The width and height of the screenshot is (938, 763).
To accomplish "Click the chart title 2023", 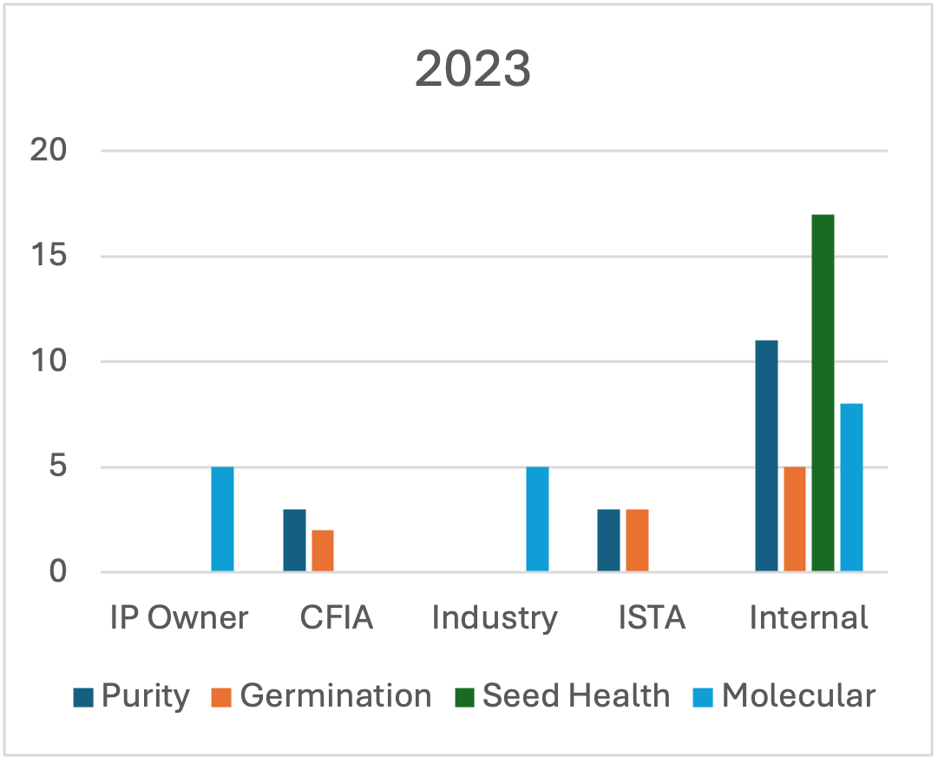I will (473, 70).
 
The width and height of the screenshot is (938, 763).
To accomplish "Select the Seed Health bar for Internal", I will (823, 393).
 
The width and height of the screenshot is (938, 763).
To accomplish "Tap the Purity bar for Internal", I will (766, 456).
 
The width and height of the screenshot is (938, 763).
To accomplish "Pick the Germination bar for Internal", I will (795, 519).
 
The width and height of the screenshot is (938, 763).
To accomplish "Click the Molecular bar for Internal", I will (851, 487).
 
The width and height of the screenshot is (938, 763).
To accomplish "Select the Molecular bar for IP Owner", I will (223, 519).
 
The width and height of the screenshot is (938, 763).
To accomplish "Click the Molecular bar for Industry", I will (537, 519).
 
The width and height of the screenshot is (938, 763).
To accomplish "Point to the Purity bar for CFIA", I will (294, 540).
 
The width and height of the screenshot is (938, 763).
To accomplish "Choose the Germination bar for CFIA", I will (323, 551).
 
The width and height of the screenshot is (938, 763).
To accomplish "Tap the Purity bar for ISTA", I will (608, 540).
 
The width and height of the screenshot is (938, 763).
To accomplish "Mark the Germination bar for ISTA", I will (637, 540).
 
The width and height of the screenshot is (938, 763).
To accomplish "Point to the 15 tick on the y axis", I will (49, 257).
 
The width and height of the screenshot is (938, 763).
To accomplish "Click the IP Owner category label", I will (179, 618).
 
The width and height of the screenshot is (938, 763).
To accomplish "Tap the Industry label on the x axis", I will (494, 618).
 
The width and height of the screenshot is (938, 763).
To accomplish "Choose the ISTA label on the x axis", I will (652, 618).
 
